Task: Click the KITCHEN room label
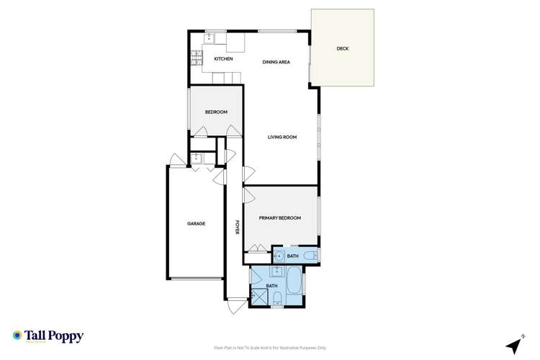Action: (x=222, y=58)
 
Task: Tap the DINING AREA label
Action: (x=276, y=63)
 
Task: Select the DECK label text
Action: (x=343, y=49)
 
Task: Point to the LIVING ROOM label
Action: (x=282, y=137)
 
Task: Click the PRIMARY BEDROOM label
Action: (x=280, y=217)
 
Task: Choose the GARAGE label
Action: (x=197, y=223)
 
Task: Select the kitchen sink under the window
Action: (x=212, y=37)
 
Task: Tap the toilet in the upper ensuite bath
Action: (x=310, y=256)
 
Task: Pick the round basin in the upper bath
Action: (x=279, y=256)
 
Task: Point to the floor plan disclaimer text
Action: (x=269, y=347)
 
